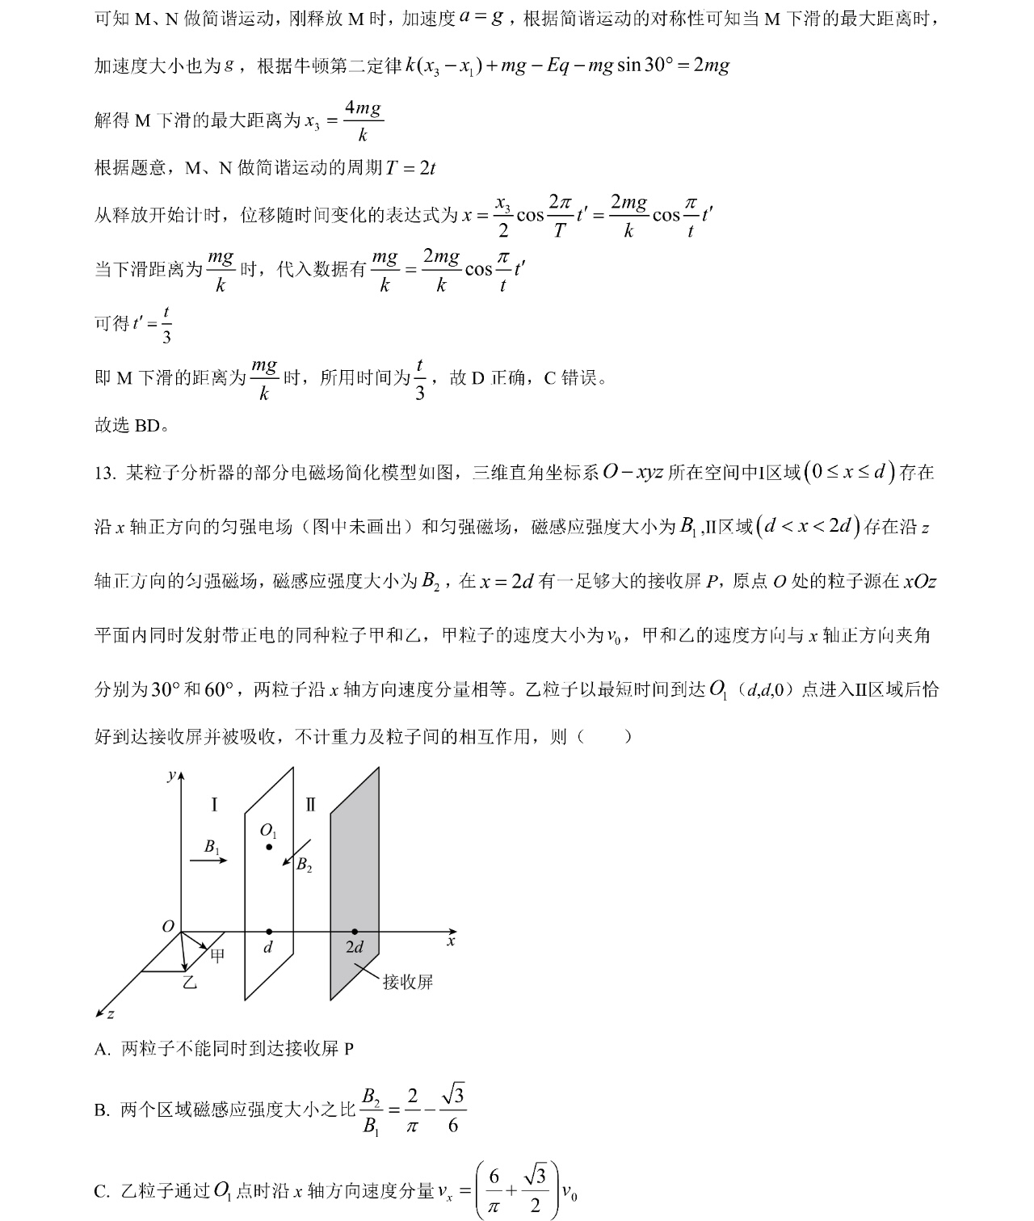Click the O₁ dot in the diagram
(269, 846)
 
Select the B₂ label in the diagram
(304, 865)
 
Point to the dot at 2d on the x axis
(355, 932)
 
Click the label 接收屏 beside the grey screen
(408, 982)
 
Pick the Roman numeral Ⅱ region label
(311, 805)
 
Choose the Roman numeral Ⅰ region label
(214, 805)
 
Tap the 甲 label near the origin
(217, 956)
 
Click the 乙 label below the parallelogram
(188, 983)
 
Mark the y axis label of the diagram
(170, 776)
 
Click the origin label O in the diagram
(168, 926)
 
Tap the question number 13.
(105, 474)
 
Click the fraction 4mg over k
(363, 121)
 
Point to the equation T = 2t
(410, 168)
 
